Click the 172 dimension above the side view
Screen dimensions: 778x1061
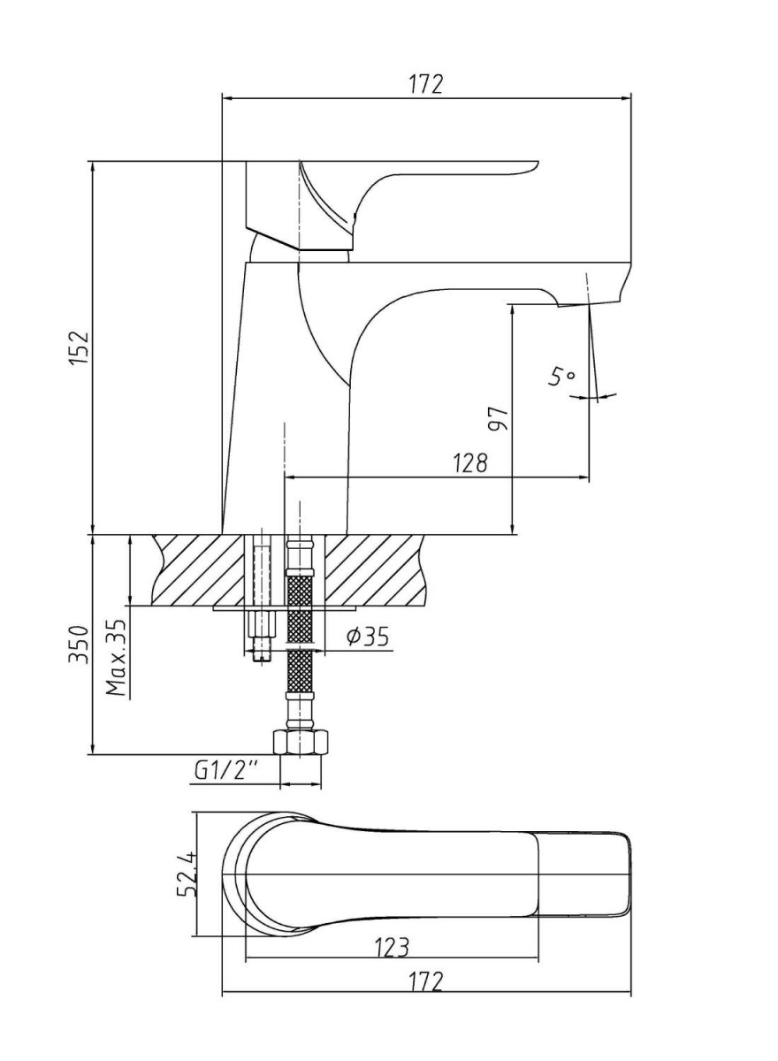click(426, 84)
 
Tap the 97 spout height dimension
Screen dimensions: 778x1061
click(498, 417)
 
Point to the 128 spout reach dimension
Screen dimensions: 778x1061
click(469, 462)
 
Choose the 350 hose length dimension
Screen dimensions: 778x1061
click(79, 645)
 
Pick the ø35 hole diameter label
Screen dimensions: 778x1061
click(368, 636)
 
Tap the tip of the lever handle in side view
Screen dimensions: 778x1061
click(538, 164)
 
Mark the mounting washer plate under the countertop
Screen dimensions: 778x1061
click(285, 607)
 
